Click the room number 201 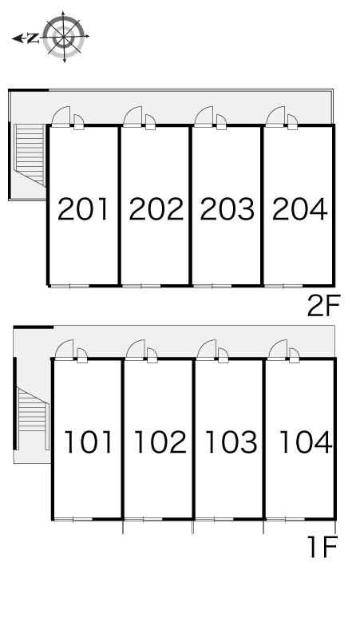click(83, 209)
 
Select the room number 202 click(156, 209)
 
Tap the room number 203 click(227, 209)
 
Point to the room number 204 click(300, 209)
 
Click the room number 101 click(89, 442)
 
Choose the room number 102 click(160, 442)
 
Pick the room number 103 click(231, 442)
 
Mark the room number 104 click(306, 442)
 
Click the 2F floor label click(323, 307)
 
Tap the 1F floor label click(324, 546)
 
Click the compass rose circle click(64, 36)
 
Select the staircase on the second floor click(30, 155)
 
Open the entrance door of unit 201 click(61, 117)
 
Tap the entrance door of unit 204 click(275, 117)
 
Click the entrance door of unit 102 click(136, 350)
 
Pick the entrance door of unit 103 click(207, 350)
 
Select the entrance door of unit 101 click(64, 350)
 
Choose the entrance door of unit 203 click(204, 117)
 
